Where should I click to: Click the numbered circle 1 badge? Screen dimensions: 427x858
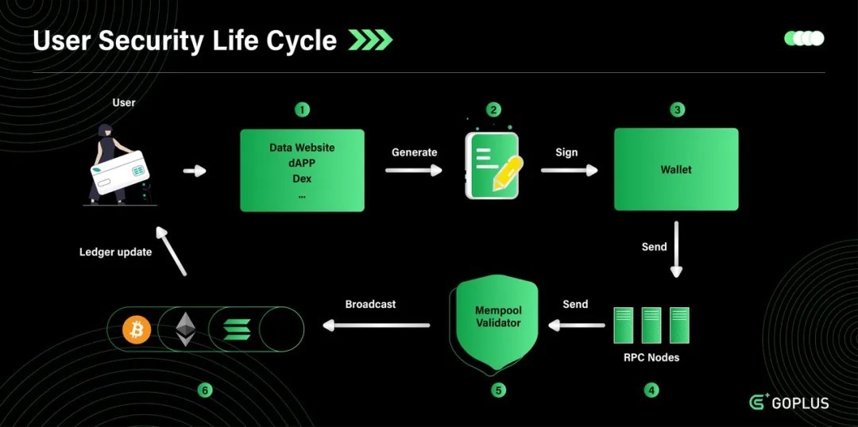click(302, 110)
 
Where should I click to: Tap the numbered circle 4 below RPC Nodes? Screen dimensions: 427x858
click(651, 390)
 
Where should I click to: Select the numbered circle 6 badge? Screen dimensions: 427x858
click(206, 390)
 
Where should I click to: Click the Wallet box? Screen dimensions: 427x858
click(676, 169)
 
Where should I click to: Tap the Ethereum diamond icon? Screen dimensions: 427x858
click(186, 329)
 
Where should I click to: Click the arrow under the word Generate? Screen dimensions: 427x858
click(415, 170)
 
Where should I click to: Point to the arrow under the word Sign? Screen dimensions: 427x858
click(569, 170)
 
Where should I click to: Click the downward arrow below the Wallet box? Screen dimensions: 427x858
click(676, 250)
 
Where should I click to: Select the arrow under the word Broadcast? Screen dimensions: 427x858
click(376, 324)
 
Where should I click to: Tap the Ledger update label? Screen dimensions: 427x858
click(115, 252)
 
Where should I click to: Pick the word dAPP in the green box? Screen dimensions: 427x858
click(302, 163)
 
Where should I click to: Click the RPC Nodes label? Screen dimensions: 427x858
click(651, 357)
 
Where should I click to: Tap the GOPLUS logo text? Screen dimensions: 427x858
click(800, 403)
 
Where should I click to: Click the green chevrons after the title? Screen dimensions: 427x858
click(370, 40)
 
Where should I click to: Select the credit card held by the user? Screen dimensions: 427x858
click(121, 170)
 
